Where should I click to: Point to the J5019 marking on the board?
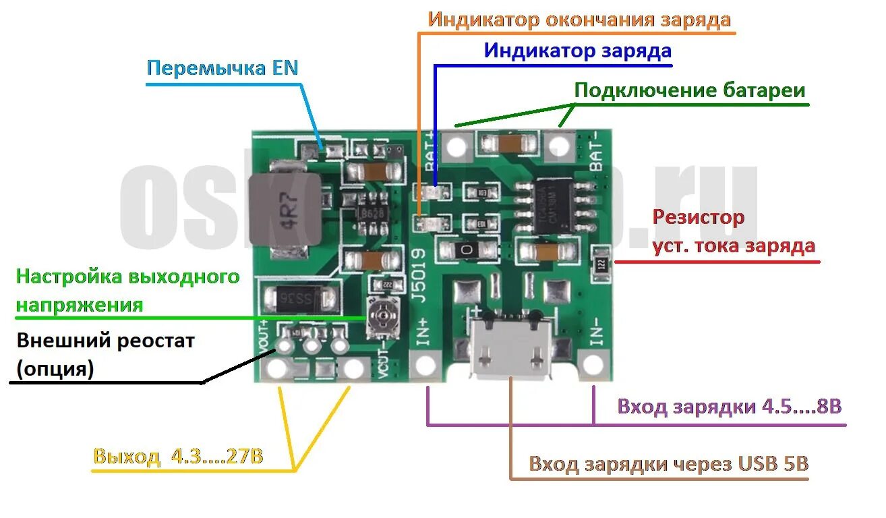[418, 277]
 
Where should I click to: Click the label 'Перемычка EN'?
[223, 69]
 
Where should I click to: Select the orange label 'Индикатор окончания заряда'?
[579, 20]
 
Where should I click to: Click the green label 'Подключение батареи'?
[690, 90]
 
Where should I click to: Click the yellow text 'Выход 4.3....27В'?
[179, 457]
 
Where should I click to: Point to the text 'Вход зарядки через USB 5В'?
[668, 464]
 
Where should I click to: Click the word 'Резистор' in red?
[699, 217]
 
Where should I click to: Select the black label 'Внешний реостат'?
[106, 341]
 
